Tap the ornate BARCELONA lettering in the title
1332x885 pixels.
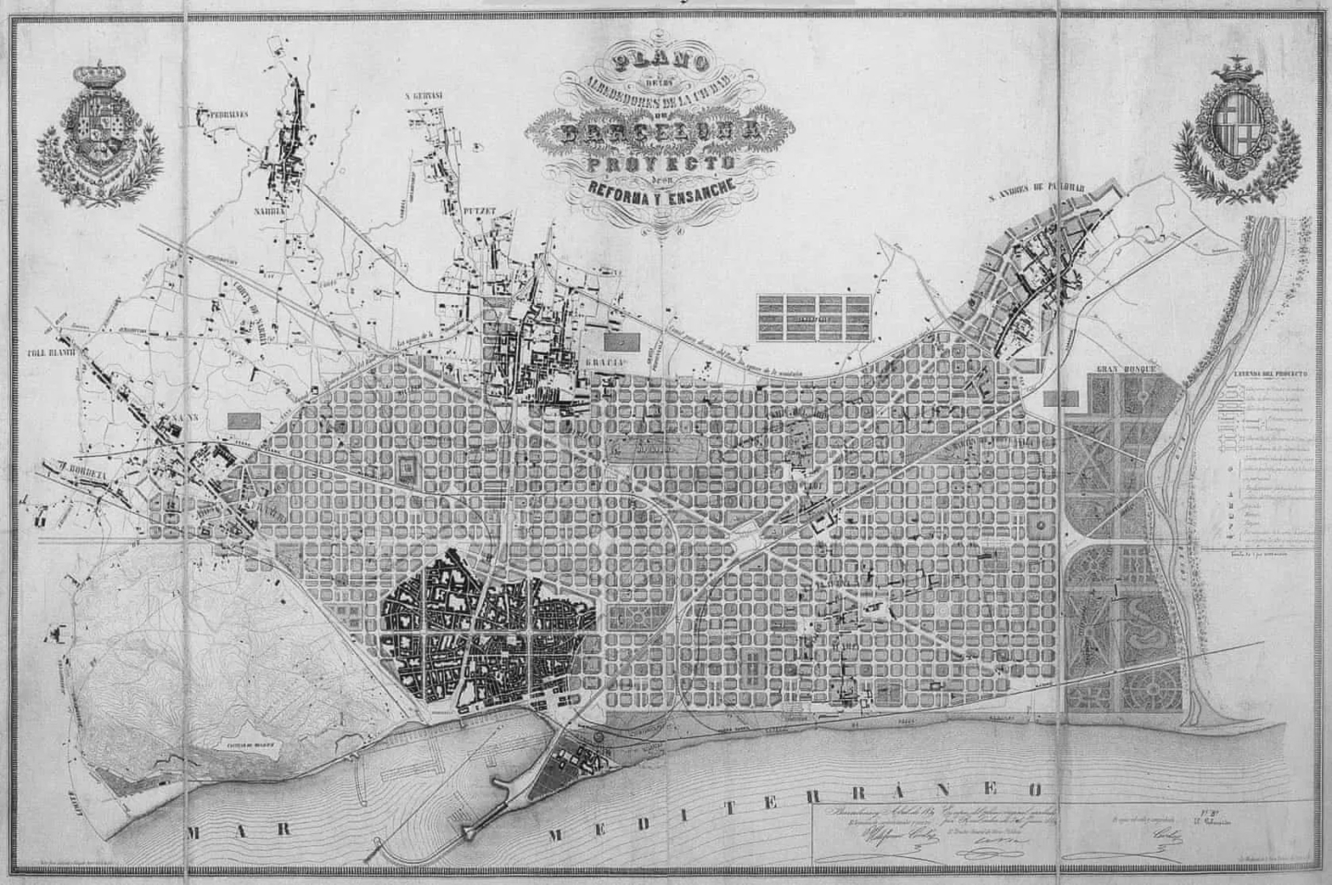coord(659,132)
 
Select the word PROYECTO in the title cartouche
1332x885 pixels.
coord(660,163)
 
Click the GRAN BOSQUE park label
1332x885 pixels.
coord(1123,369)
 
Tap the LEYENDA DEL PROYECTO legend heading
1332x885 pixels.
coord(1268,374)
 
